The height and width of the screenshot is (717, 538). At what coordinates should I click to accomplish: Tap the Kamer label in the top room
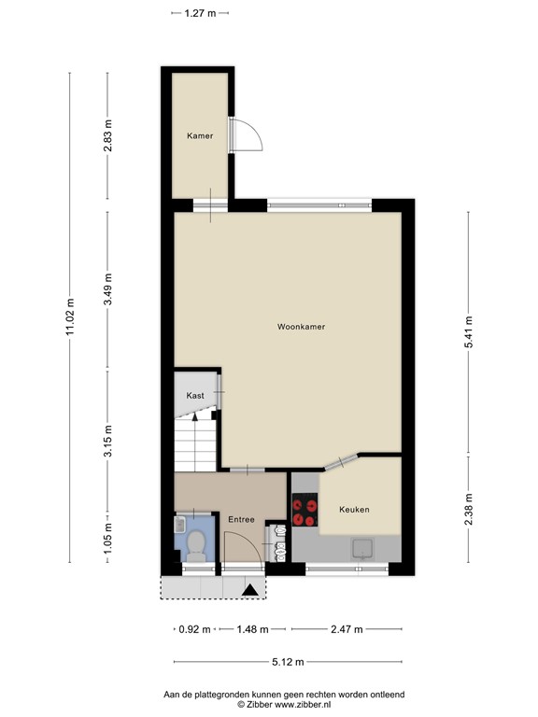coord(199,135)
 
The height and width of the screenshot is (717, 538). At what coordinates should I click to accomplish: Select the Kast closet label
coord(195,395)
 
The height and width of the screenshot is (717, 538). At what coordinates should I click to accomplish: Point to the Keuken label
coord(354,509)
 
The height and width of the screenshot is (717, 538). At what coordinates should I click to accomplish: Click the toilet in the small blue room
coord(196,544)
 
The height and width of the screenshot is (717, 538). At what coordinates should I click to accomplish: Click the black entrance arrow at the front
coord(249,589)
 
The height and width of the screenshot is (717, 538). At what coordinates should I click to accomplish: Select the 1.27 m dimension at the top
coord(200,13)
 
